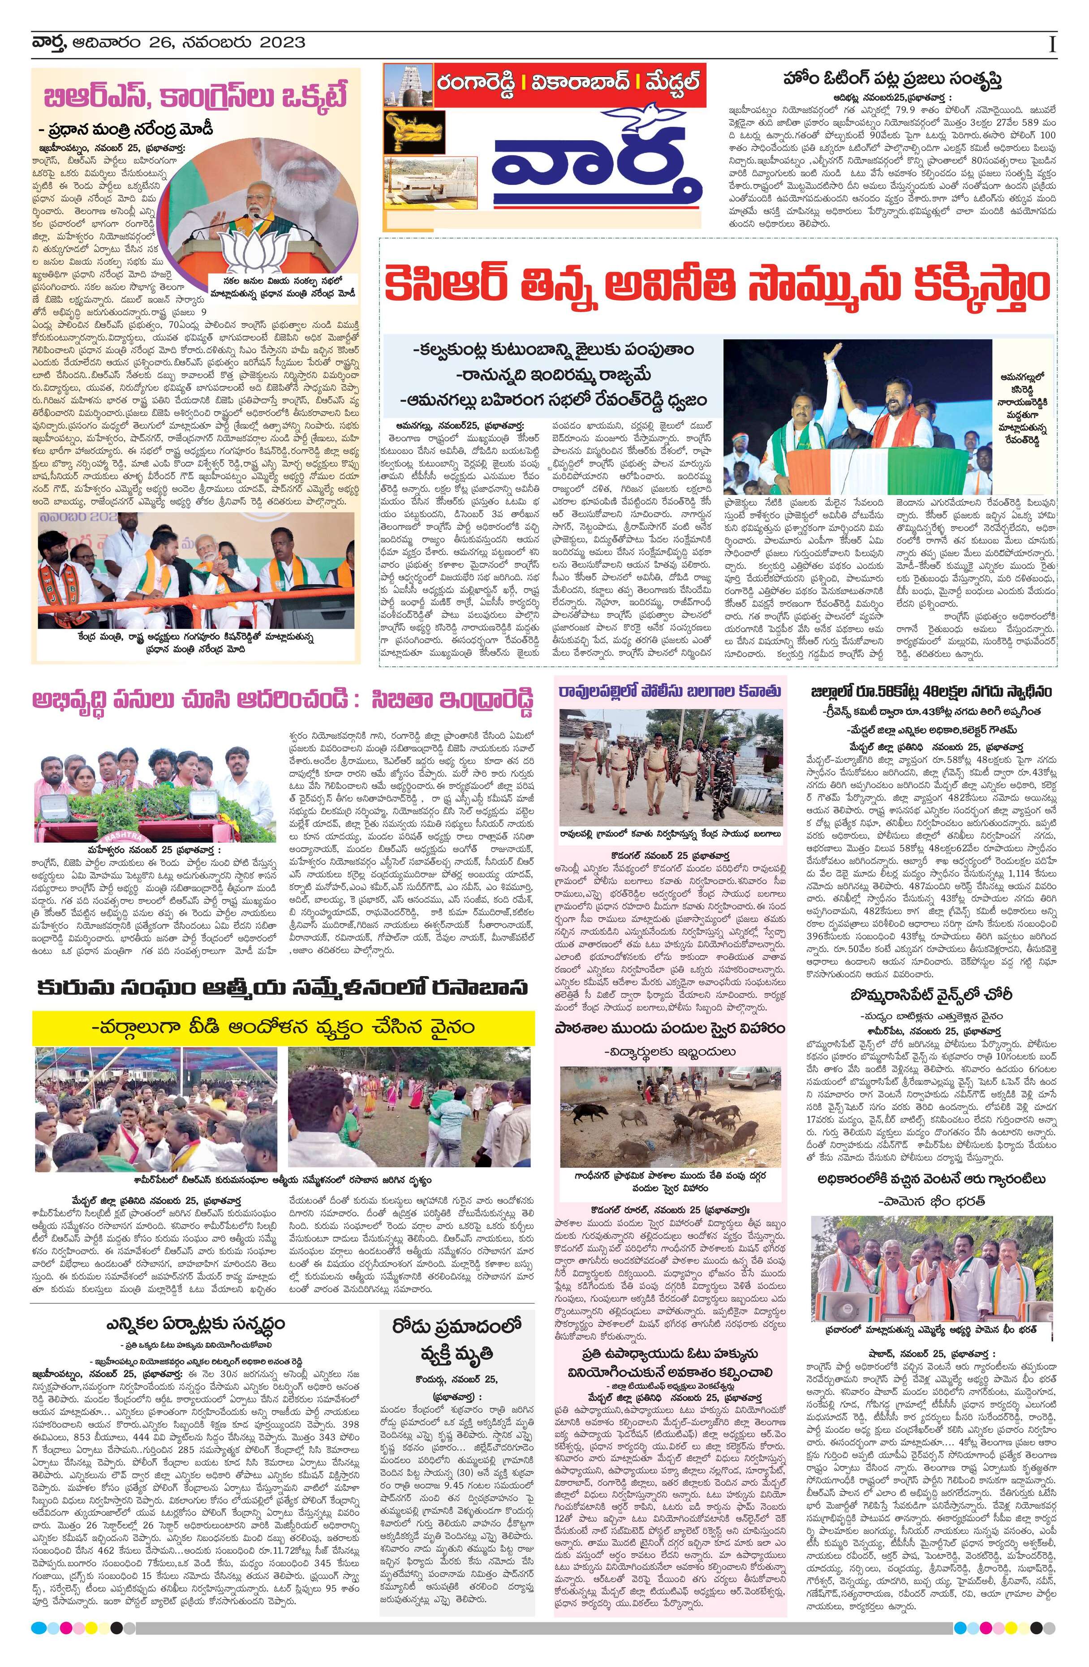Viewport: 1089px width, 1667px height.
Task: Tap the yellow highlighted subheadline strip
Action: pyautogui.click(x=282, y=1028)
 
